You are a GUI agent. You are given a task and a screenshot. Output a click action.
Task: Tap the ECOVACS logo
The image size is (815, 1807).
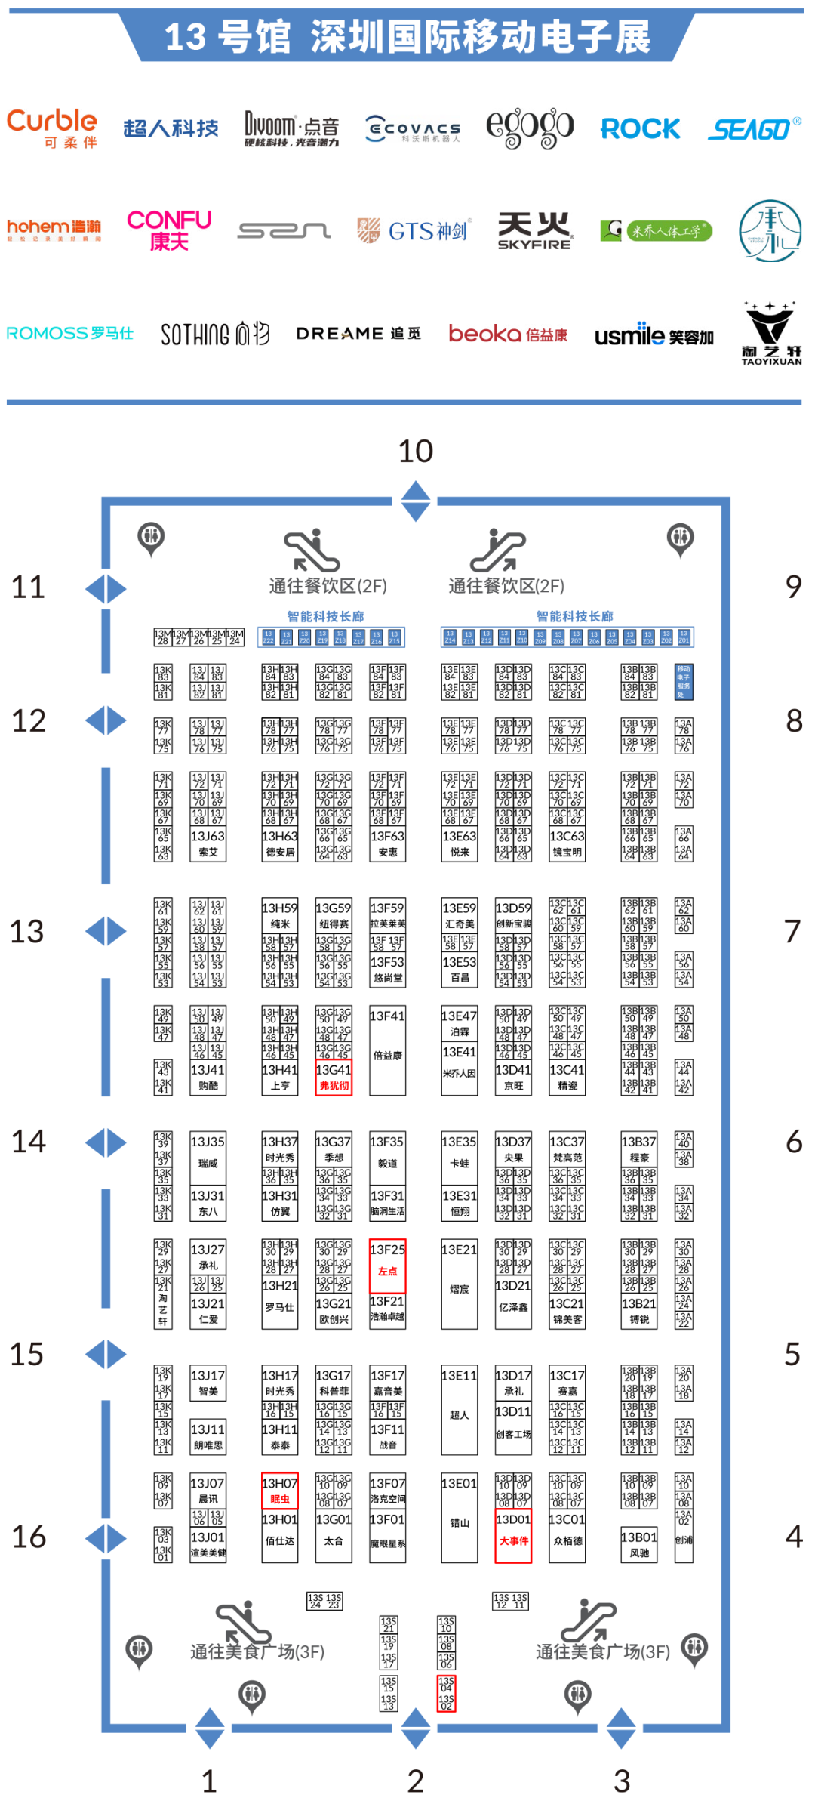(412, 128)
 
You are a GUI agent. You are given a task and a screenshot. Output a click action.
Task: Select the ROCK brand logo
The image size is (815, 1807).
(640, 129)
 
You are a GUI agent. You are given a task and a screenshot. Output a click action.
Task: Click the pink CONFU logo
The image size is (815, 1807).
(170, 230)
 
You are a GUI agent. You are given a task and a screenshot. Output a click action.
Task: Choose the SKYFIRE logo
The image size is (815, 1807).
(534, 230)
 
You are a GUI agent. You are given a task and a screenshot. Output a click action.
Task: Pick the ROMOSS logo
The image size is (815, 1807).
(70, 333)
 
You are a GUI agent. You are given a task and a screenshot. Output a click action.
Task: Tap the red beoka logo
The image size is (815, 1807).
(507, 333)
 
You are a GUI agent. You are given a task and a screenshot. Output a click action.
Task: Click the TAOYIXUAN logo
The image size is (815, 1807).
(770, 333)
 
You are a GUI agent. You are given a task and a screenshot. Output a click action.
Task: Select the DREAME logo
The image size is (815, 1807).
(358, 333)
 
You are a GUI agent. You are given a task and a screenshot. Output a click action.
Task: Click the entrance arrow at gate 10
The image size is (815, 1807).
(415, 502)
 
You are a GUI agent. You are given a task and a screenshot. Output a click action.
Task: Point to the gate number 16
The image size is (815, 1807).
(29, 1537)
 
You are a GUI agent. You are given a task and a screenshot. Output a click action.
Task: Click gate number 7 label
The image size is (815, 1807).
(792, 931)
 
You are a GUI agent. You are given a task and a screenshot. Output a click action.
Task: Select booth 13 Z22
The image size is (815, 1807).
(268, 637)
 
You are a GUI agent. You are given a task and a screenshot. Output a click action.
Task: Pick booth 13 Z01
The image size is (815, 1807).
(684, 637)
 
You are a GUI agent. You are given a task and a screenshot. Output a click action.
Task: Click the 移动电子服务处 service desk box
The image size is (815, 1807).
(684, 682)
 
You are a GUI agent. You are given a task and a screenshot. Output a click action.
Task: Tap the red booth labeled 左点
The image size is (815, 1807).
(388, 1266)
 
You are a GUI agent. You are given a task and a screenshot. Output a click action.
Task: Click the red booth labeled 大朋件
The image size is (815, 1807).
(513, 1536)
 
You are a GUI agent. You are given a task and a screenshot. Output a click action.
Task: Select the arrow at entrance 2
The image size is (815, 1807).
(415, 1729)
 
